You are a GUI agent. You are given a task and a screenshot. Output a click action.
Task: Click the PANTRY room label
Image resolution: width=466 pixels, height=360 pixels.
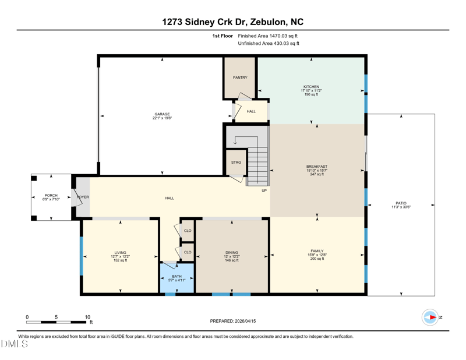(240, 77)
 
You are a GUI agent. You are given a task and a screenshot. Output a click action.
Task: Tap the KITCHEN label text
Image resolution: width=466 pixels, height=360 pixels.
(311, 87)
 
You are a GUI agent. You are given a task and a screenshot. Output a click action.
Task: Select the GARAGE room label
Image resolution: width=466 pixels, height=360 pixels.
(162, 114)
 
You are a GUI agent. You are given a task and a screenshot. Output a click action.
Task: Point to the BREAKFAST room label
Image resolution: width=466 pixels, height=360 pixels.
(317, 167)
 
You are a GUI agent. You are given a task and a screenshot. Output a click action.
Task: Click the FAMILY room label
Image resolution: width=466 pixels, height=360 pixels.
(317, 251)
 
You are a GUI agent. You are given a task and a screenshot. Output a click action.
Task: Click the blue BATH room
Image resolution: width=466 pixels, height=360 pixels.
(177, 278)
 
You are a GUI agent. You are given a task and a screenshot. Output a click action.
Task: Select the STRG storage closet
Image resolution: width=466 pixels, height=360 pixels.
(236, 163)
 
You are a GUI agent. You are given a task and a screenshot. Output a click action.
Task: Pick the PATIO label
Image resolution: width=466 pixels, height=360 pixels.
(401, 203)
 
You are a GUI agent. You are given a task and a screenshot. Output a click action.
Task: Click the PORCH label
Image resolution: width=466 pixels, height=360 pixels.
(51, 196)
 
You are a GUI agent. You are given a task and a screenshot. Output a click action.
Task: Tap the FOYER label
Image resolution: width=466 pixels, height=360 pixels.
(83, 197)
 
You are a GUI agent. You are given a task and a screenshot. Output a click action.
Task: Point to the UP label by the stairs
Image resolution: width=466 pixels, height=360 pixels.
(264, 190)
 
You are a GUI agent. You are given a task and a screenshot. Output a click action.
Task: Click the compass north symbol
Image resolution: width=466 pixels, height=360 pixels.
(431, 317)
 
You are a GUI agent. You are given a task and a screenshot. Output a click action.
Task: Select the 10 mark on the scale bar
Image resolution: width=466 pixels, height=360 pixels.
(87, 317)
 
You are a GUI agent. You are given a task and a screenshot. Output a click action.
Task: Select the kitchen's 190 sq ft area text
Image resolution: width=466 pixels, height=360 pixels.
(311, 94)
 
